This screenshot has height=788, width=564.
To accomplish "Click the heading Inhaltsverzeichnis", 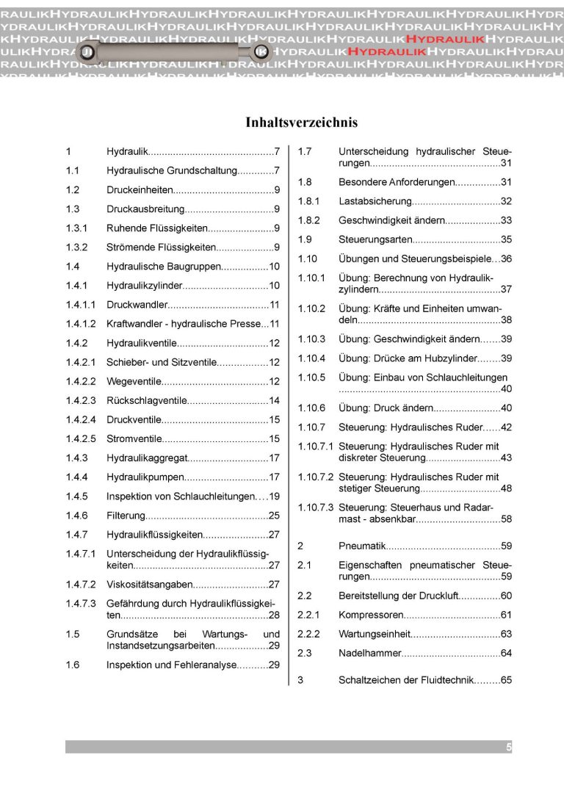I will (x=301, y=123).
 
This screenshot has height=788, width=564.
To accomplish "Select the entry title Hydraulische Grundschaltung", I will (x=170, y=171).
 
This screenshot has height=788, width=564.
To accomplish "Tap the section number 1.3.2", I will (x=77, y=247).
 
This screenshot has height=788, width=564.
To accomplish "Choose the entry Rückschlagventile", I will (x=147, y=400).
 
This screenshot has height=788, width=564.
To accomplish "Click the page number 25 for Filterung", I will (x=274, y=516).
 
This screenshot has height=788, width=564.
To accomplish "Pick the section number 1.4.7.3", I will (x=81, y=604).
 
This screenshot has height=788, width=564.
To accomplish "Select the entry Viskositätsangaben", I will (x=150, y=585).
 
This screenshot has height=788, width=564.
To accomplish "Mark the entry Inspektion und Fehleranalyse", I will (x=171, y=665).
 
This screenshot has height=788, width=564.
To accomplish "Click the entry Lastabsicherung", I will (x=374, y=201).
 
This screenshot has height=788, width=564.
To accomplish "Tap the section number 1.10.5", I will (x=311, y=377).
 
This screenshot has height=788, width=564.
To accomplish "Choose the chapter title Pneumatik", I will (x=362, y=546).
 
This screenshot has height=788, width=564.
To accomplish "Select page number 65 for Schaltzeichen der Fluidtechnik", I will (x=506, y=680).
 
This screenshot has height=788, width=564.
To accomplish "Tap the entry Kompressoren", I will (x=371, y=615).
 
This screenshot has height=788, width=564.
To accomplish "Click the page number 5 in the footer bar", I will (x=508, y=747).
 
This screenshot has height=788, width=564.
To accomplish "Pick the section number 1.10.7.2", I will (x=315, y=477).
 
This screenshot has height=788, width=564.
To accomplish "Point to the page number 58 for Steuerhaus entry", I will (x=506, y=519).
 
